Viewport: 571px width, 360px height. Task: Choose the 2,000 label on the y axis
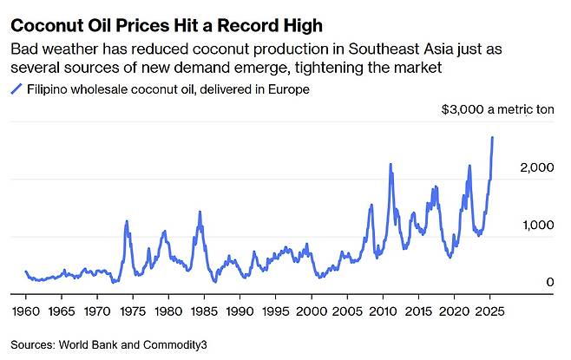[x=536, y=167]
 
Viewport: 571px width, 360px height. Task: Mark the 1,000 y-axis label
[x=536, y=226]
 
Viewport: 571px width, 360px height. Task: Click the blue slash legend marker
[x=14, y=89]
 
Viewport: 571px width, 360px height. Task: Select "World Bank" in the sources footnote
[x=87, y=345]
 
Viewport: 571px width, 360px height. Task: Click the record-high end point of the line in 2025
[x=493, y=137]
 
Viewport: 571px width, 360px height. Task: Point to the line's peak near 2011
[x=391, y=164]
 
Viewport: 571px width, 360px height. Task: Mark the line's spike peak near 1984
[x=200, y=212]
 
